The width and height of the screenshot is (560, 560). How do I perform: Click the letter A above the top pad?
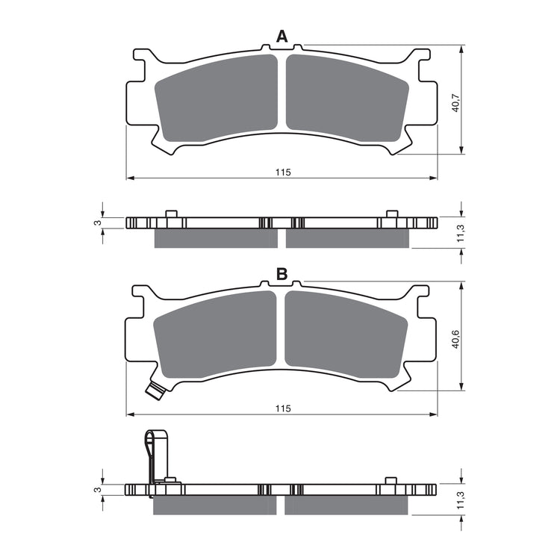click(x=281, y=36)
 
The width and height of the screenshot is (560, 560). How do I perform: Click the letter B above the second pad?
click(x=281, y=274)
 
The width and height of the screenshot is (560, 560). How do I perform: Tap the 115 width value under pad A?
click(x=281, y=172)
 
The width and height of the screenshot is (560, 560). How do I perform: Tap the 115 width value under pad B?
click(x=281, y=408)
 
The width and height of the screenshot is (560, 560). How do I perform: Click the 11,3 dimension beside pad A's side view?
click(x=460, y=234)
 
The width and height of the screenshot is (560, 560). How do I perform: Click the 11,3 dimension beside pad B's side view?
click(x=460, y=500)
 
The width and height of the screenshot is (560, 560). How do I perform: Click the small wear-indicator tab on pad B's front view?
click(x=155, y=390)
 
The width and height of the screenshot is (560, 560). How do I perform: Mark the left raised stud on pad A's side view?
click(x=170, y=214)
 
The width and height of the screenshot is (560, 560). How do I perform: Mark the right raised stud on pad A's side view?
click(x=390, y=214)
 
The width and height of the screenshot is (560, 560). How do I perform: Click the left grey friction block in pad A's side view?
click(x=215, y=238)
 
